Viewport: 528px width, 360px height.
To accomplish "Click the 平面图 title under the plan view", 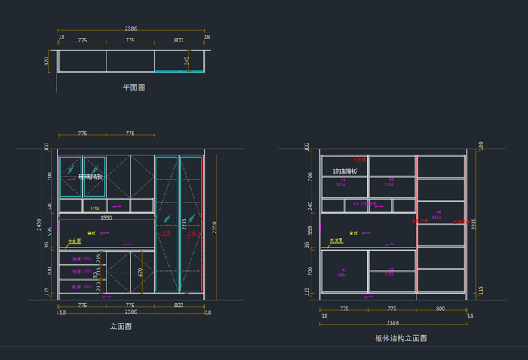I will (134, 87).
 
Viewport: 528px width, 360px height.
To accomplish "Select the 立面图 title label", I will (121, 326).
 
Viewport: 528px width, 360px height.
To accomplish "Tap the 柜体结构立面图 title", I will (401, 338).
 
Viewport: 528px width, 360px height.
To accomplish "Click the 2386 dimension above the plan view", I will (131, 29).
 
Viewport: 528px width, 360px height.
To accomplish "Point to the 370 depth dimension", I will (47, 61).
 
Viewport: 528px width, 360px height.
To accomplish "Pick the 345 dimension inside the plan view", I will (186, 60).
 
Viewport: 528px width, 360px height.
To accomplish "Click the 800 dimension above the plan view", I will (179, 40).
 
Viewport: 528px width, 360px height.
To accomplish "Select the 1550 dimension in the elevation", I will (106, 217).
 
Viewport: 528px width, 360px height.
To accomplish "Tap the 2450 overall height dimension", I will (38, 224).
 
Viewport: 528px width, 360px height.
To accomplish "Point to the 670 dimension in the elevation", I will (141, 272).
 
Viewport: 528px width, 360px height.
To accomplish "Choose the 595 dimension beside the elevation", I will (50, 230).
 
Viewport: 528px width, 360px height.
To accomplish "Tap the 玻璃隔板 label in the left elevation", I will (91, 176).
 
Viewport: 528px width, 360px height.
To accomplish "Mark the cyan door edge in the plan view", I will (179, 72).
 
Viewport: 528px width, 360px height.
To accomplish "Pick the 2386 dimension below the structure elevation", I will (392, 322).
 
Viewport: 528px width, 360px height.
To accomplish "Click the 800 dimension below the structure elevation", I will (441, 309).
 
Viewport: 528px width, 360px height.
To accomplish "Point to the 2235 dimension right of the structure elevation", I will (474, 224).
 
